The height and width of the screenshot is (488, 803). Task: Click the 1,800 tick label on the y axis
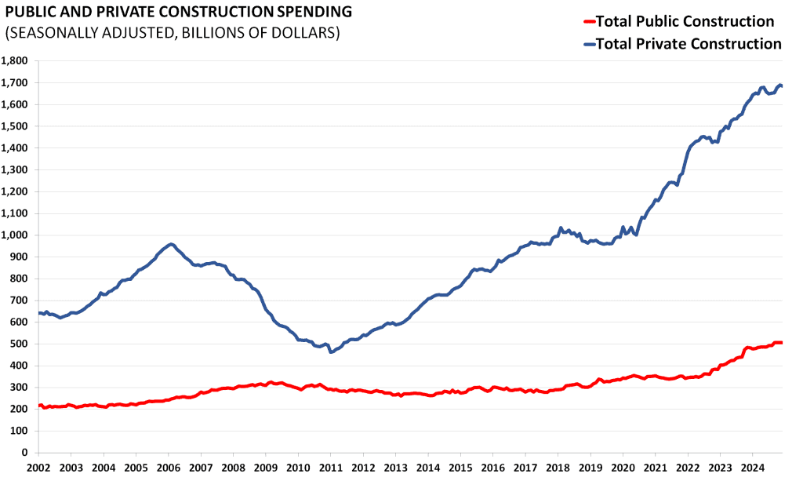click(x=14, y=61)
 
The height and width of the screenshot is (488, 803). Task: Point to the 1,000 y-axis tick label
click(x=14, y=235)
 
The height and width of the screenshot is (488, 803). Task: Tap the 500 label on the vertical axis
click(x=18, y=344)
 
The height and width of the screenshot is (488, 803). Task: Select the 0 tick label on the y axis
click(x=24, y=453)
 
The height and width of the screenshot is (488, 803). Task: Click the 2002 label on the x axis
click(x=38, y=468)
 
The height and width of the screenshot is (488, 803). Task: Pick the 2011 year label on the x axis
click(x=330, y=468)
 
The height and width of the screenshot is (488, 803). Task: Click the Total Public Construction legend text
click(x=685, y=21)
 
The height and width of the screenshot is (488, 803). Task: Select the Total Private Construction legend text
click(x=689, y=44)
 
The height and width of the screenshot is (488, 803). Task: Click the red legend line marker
click(x=590, y=22)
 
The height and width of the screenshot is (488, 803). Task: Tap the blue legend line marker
click(x=590, y=45)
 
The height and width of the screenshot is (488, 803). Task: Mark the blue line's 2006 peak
click(x=171, y=245)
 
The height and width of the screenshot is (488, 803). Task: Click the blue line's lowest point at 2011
click(x=331, y=352)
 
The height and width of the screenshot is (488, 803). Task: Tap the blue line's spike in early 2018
click(x=560, y=228)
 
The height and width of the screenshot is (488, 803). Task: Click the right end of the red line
click(x=782, y=342)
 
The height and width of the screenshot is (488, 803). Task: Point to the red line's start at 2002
click(x=39, y=406)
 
